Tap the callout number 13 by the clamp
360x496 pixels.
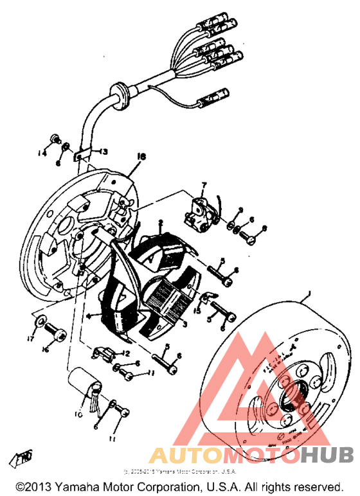pyautogui.click(x=103, y=152)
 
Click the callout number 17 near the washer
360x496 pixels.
pyautogui.click(x=30, y=338)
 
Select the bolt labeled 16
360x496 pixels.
pyautogui.click(x=57, y=333)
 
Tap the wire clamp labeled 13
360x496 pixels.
pyautogui.click(x=80, y=155)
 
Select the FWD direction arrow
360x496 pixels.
pyautogui.click(x=24, y=457)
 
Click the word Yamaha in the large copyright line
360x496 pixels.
pyautogui.click(x=72, y=488)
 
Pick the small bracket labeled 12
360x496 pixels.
pyautogui.click(x=105, y=353)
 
